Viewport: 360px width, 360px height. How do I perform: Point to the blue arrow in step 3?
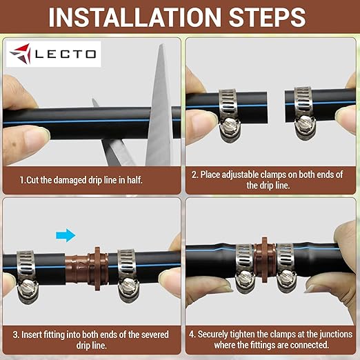[66, 235]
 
